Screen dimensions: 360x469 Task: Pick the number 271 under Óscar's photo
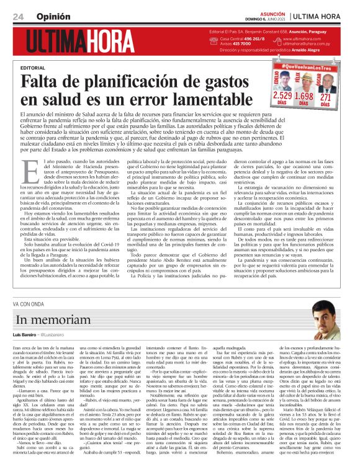[x=326, y=96]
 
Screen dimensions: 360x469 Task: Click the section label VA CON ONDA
[x=29, y=304]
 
